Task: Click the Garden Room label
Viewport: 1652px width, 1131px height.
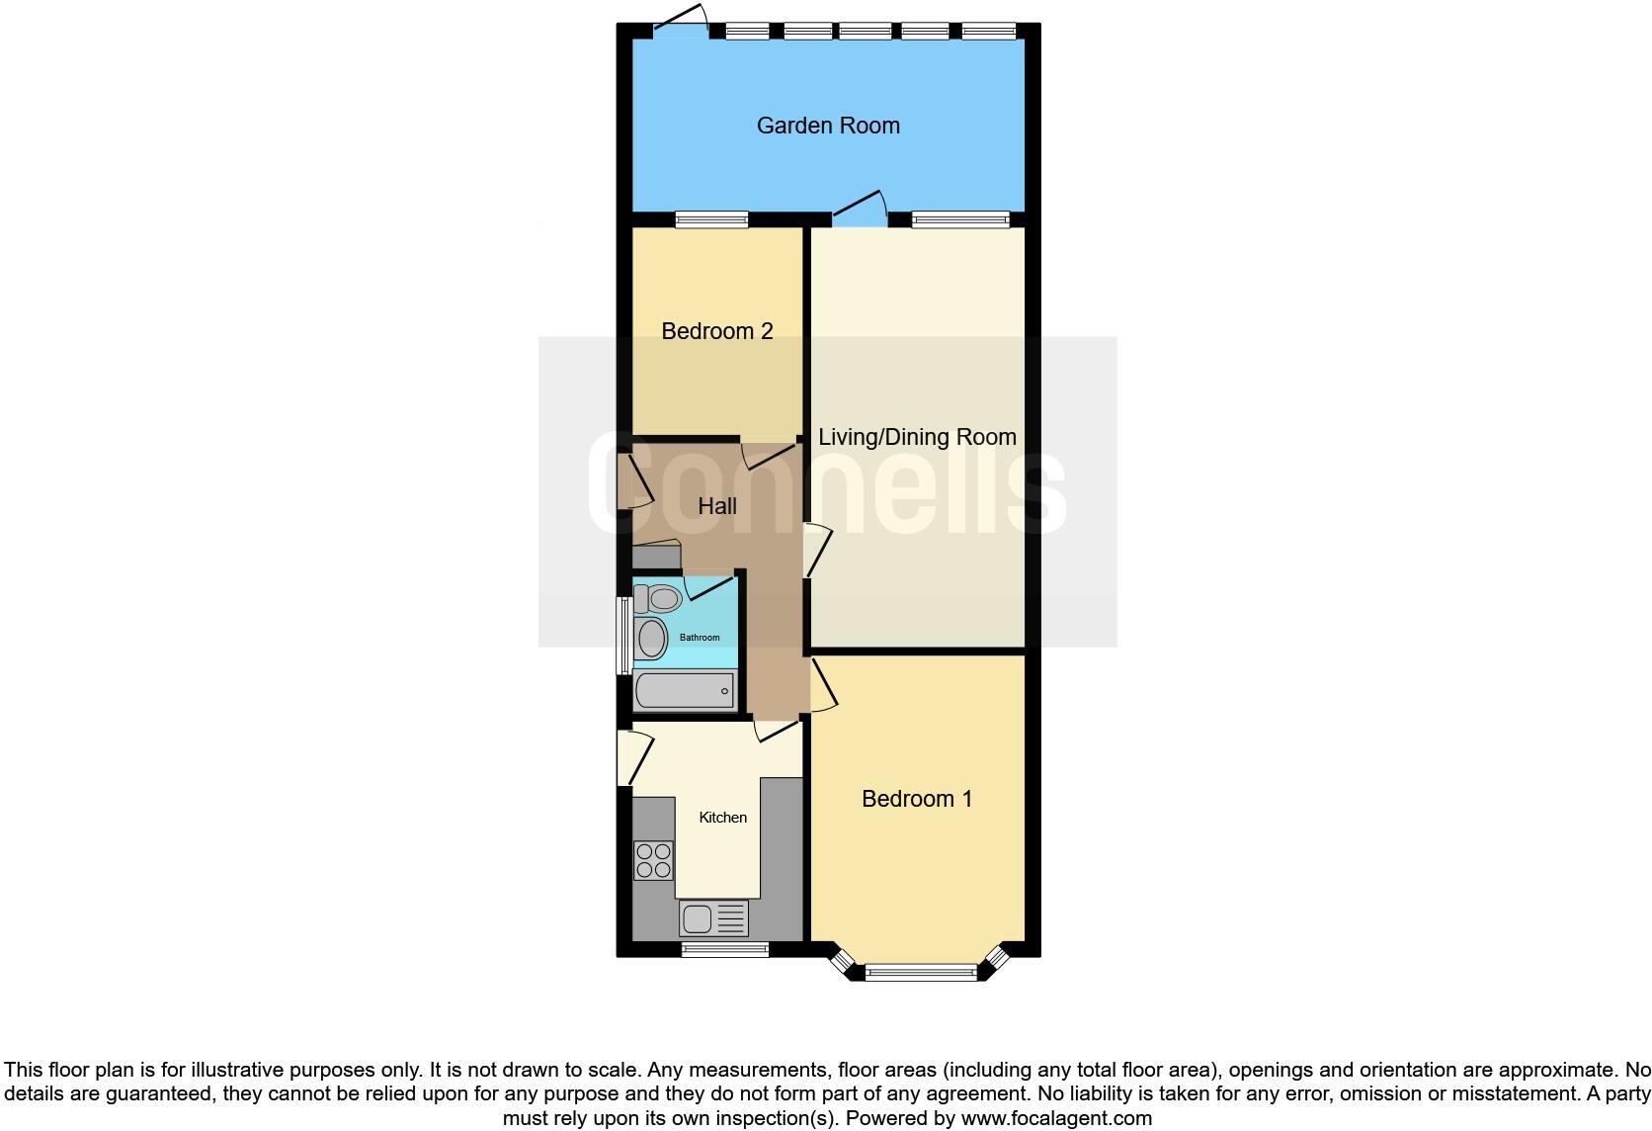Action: pyautogui.click(x=828, y=126)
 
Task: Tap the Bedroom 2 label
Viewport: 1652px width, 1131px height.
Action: pyautogui.click(x=716, y=331)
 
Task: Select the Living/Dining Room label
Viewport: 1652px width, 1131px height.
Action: pyautogui.click(x=917, y=437)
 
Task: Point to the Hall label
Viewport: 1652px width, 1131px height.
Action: pyautogui.click(x=717, y=506)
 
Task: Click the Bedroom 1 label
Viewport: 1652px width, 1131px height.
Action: pyautogui.click(x=917, y=799)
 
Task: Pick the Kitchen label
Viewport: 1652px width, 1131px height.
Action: pyautogui.click(x=722, y=818)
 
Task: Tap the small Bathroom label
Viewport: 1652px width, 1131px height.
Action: pyautogui.click(x=700, y=638)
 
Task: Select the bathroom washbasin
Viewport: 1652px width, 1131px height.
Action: pyautogui.click(x=651, y=639)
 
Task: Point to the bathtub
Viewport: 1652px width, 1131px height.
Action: pyautogui.click(x=684, y=690)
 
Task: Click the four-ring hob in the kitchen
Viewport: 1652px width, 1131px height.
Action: pyautogui.click(x=653, y=860)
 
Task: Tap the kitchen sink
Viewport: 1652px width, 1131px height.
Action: pyautogui.click(x=712, y=918)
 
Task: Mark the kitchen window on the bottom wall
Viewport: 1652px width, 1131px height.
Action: pyautogui.click(x=724, y=950)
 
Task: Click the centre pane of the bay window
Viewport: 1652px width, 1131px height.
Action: pyautogui.click(x=921, y=973)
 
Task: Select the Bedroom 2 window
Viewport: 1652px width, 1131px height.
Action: pyautogui.click(x=711, y=219)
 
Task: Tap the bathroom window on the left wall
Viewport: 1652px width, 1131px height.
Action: pyautogui.click(x=623, y=636)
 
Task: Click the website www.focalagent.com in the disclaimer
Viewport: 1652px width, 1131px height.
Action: pyautogui.click(x=1056, y=1118)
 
